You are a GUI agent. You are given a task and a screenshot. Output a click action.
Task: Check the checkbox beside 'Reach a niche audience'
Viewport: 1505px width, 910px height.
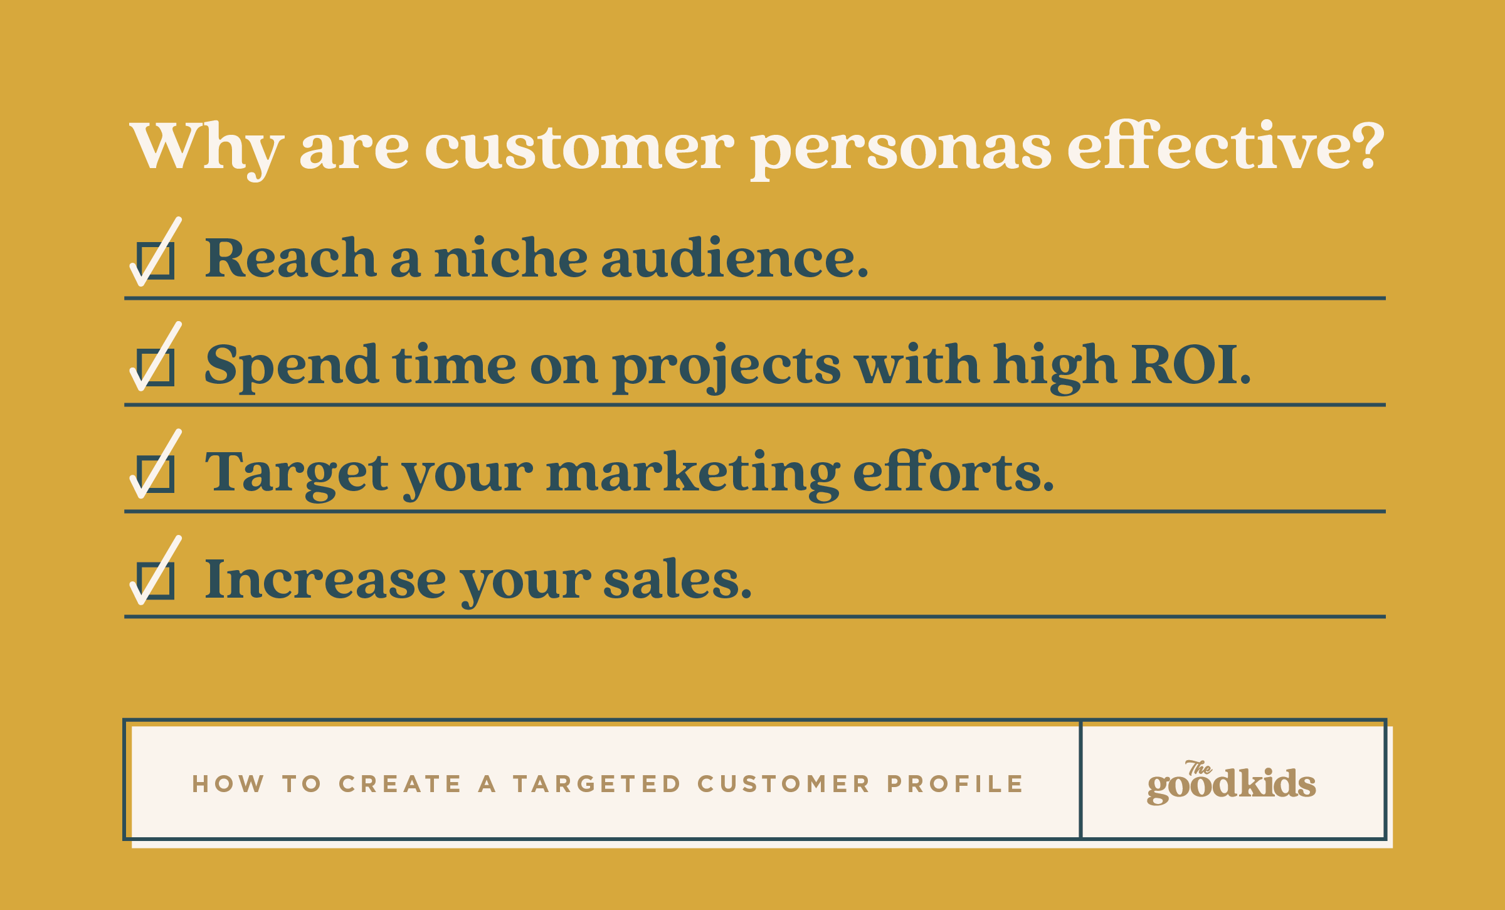[x=156, y=260]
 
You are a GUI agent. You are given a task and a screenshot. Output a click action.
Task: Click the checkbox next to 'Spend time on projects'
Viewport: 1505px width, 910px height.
[x=156, y=367]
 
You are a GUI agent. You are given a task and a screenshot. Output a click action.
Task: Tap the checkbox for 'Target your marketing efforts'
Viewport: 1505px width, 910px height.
[x=156, y=474]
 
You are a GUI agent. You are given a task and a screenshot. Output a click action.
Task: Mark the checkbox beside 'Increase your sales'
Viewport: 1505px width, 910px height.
[x=156, y=581]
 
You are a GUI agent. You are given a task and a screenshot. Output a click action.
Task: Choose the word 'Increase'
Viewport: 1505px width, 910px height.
[x=325, y=579]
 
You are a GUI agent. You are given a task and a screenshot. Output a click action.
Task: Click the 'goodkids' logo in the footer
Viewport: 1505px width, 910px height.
[x=1231, y=783]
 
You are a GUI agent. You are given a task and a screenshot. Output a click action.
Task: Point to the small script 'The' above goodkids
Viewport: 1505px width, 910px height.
[x=1198, y=768]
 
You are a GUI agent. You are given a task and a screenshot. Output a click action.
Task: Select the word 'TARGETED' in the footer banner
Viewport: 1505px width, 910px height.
[x=596, y=784]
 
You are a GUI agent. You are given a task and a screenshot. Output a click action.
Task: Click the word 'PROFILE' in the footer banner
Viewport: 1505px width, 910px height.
[x=954, y=784]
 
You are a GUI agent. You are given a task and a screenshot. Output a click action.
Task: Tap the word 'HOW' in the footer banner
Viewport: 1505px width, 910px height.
[x=228, y=784]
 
